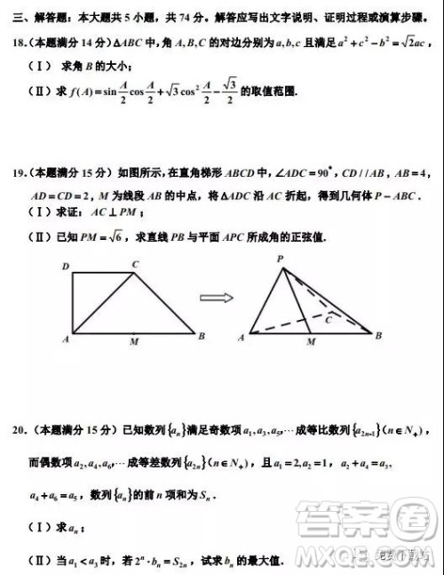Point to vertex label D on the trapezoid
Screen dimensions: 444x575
66,267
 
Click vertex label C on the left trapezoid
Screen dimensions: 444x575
135,264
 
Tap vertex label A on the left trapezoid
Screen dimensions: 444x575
67,339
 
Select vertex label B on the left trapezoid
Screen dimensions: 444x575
202,336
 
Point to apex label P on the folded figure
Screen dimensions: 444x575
280,259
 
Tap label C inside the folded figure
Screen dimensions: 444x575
329,316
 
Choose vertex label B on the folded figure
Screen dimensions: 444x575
378,336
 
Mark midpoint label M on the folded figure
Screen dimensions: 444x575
309,341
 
